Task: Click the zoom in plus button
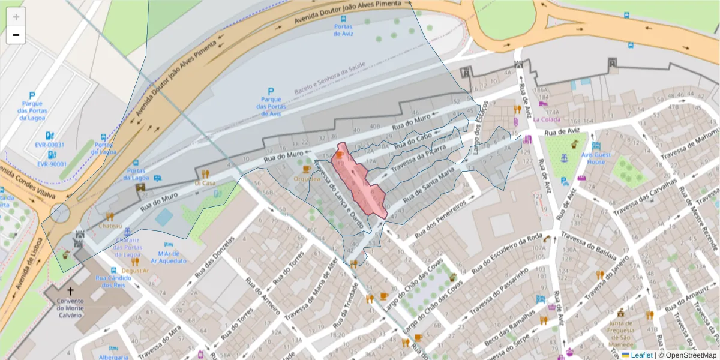[x=16, y=17]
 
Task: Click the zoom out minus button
[x=16, y=35]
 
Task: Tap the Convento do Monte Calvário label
[x=71, y=307]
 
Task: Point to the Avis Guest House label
[x=596, y=158]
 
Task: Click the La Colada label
[x=547, y=119]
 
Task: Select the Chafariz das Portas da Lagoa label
[x=127, y=247]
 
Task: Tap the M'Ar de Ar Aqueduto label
[x=169, y=257]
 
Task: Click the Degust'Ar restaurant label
[x=135, y=271]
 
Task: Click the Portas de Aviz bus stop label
[x=344, y=30]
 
